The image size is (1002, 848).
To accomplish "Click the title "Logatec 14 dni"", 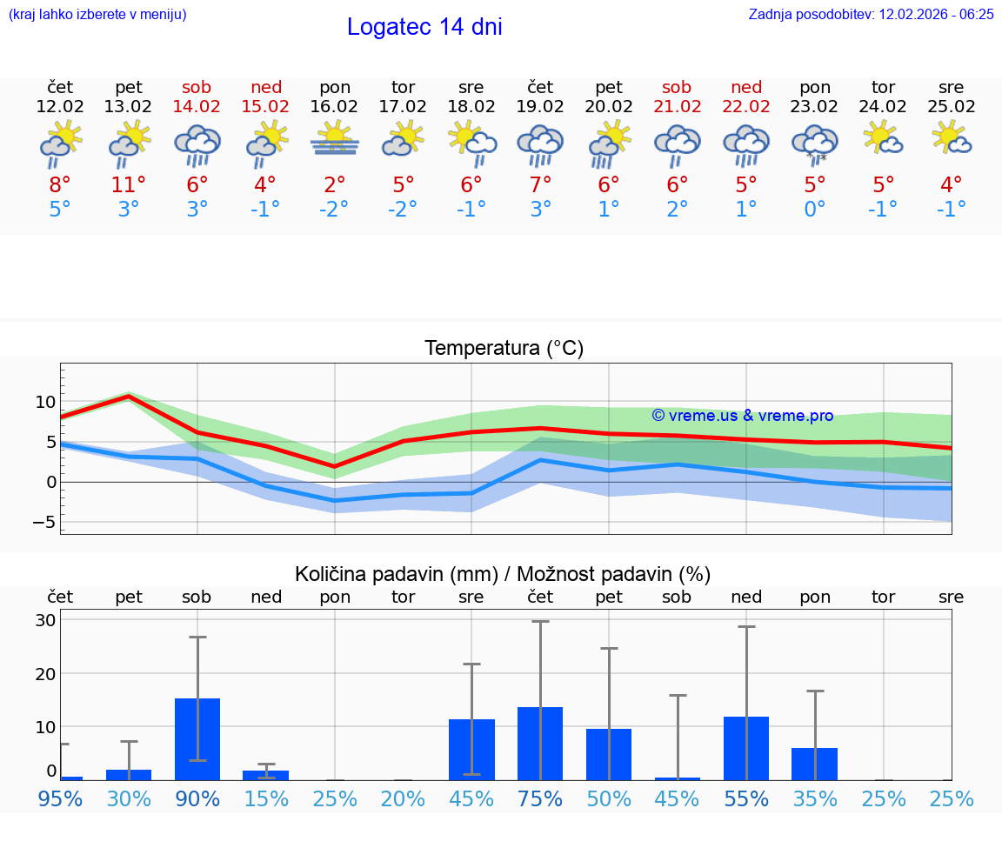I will (424, 27).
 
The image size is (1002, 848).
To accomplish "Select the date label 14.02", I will (197, 107).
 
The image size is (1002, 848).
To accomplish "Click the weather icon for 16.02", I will (335, 141).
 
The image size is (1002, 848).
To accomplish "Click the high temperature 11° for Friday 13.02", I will (129, 185).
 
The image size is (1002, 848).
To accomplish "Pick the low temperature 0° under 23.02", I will (815, 210).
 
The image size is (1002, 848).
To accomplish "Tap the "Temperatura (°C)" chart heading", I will (504, 349).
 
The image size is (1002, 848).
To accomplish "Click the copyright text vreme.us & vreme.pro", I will (743, 416).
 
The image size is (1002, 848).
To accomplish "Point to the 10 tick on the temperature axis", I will (46, 402).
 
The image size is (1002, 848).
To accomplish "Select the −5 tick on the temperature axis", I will (43, 522).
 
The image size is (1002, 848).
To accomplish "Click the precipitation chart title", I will (502, 574).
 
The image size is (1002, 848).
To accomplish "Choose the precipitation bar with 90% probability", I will (197, 738).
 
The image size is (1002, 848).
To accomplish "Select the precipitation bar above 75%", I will (540, 743).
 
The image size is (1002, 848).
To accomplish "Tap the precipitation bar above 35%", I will (815, 764).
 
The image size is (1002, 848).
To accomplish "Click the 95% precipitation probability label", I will (60, 799).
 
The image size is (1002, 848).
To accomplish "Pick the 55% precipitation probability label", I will (746, 799).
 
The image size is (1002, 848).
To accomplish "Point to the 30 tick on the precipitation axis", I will (46, 620).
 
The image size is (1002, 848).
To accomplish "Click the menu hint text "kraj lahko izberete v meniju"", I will (97, 15).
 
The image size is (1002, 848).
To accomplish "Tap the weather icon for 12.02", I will (60, 144).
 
